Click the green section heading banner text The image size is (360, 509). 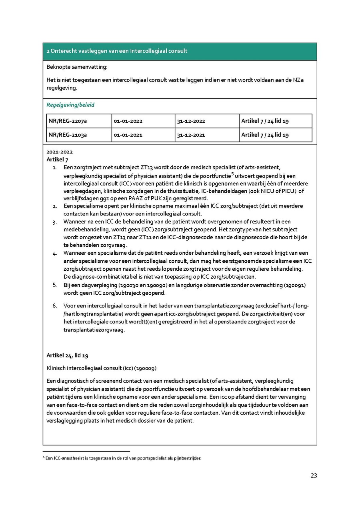117,51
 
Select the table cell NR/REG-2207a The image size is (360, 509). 68,121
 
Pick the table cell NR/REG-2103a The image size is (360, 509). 68,135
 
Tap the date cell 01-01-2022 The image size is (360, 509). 128,121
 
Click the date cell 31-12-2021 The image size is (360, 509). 191,135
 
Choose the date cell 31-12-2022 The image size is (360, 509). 191,121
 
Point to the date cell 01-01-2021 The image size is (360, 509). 128,135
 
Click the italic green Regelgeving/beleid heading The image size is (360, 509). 70,105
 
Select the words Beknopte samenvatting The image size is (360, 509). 77,67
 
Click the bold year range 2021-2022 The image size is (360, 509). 60,152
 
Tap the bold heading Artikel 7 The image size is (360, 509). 57,160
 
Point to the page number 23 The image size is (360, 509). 314,476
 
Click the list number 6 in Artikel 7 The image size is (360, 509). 55,306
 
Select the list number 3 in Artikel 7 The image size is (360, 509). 55,222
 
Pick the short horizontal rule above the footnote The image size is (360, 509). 86,452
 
